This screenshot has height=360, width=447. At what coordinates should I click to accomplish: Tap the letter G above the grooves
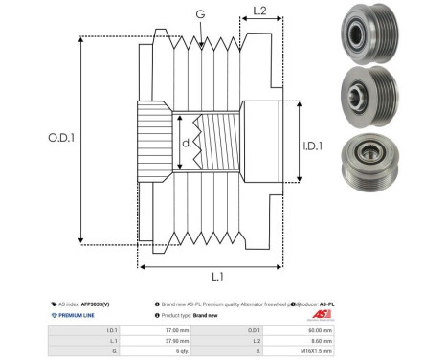[199, 13]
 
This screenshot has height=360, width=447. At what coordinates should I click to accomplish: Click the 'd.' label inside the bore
[187, 145]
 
